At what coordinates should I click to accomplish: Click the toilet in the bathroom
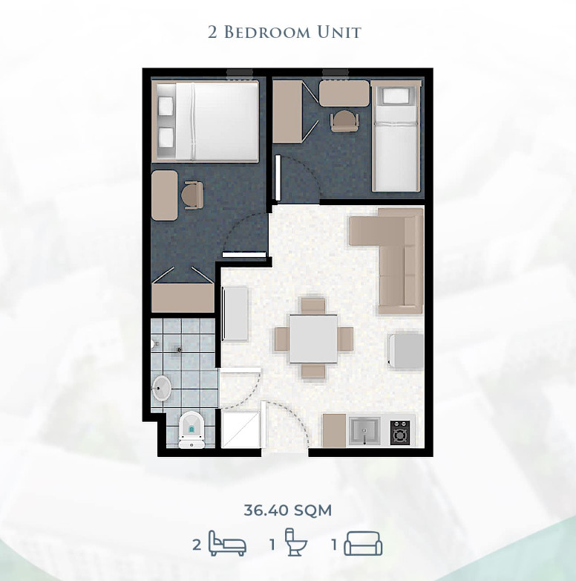[x=192, y=430]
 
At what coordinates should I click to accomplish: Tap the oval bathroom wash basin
[x=161, y=389]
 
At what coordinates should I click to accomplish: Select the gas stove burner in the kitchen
[x=400, y=432]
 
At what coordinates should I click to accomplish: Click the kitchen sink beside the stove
[x=364, y=431]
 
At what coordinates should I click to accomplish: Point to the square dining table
[x=313, y=339]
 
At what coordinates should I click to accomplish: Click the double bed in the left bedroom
[x=206, y=122]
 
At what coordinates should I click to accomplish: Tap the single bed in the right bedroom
[x=396, y=137]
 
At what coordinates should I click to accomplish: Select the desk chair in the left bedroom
[x=193, y=195]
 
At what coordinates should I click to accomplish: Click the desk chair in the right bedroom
[x=344, y=121]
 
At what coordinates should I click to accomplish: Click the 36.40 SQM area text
[x=288, y=510]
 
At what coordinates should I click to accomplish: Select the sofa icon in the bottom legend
[x=363, y=544]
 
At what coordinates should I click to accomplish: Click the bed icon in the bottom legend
[x=227, y=543]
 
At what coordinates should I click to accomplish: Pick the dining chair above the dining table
[x=313, y=305]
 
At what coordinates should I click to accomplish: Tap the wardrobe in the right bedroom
[x=288, y=112]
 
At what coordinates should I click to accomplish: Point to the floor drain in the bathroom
[x=179, y=349]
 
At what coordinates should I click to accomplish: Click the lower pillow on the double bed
[x=166, y=137]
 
